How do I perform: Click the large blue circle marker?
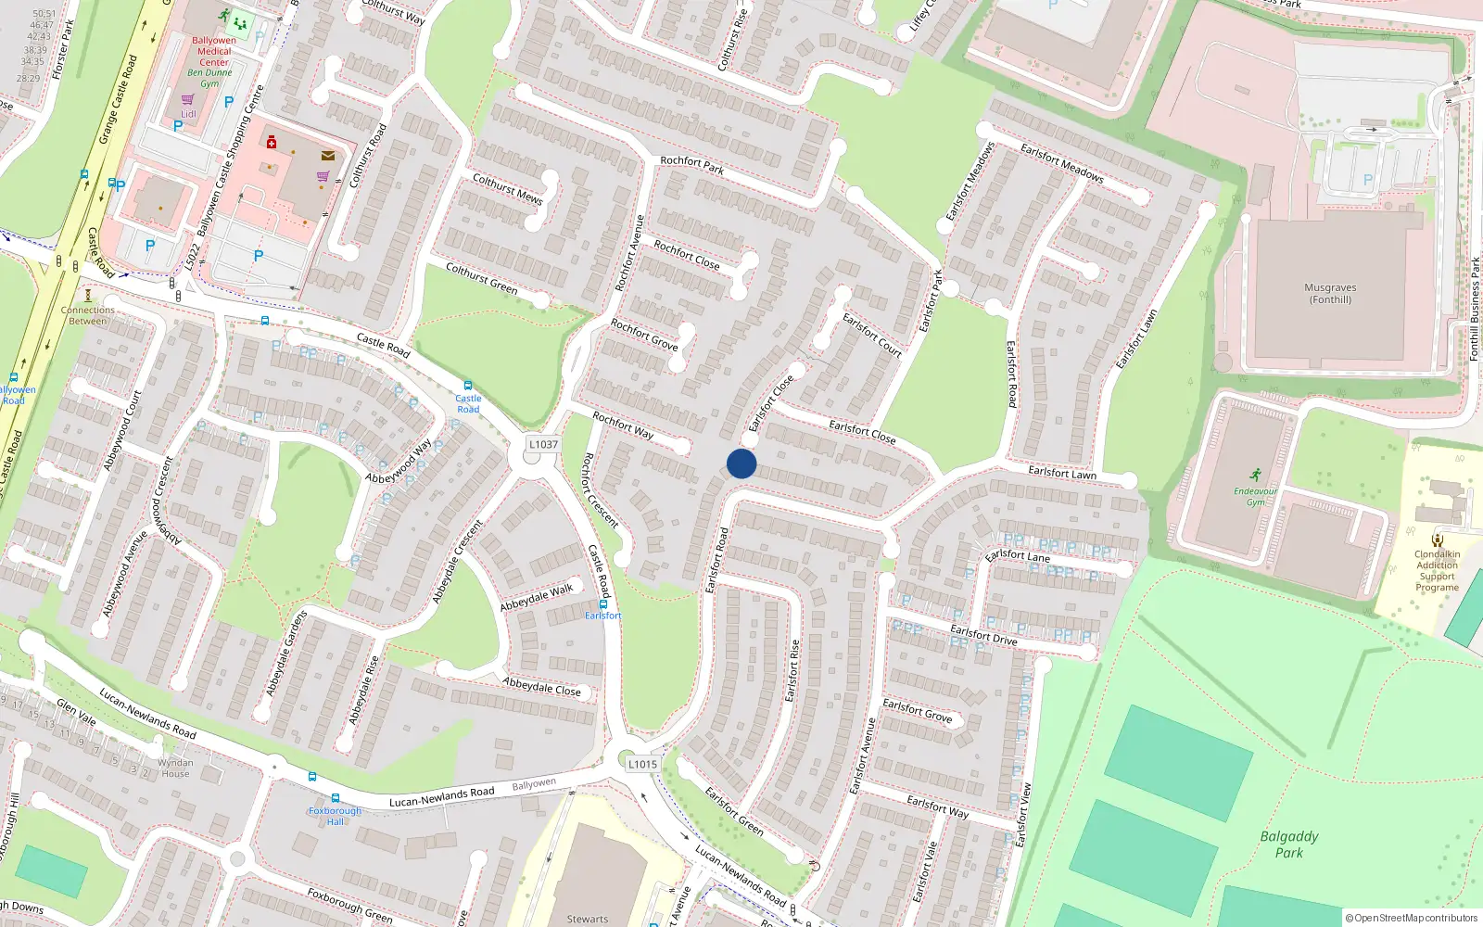click(741, 463)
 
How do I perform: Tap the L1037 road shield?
click(543, 445)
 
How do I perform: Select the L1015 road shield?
click(642, 765)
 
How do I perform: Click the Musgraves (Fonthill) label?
click(1330, 294)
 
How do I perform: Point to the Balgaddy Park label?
click(1288, 844)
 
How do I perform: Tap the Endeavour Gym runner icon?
click(1255, 475)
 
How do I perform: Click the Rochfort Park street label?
click(692, 166)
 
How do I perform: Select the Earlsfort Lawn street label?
click(1061, 473)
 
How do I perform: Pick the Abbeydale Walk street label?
click(537, 598)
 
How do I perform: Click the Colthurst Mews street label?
click(507, 188)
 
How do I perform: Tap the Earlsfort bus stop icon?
click(603, 604)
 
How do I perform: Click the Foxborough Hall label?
click(336, 816)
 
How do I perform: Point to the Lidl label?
click(188, 114)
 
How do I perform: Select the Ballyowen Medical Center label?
click(214, 52)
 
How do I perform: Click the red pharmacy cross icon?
click(272, 143)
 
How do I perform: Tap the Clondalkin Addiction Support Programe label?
click(1437, 571)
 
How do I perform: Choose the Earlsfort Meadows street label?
click(1061, 162)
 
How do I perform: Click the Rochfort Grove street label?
click(644, 335)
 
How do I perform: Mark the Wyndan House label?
click(175, 768)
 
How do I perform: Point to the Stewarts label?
click(588, 919)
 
